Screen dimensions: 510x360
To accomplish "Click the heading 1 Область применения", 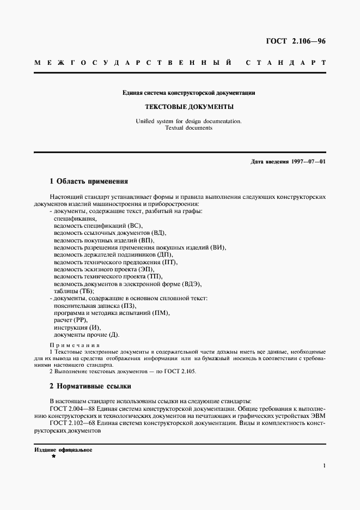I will tap(89, 181).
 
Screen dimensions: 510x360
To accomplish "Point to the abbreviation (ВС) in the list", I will tap(136, 225).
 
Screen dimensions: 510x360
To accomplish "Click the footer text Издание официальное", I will tap(63, 450).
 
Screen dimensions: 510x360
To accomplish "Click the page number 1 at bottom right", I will tap(324, 466).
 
